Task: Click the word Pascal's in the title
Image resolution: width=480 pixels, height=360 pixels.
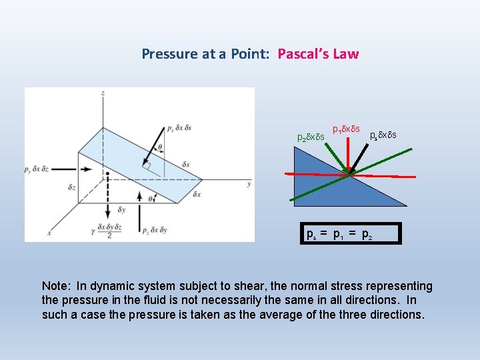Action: [x=304, y=54]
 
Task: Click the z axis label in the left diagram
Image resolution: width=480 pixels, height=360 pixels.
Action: [x=103, y=93]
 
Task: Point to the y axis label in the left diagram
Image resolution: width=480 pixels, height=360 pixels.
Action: [x=249, y=183]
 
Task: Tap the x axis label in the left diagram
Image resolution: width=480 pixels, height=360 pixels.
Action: [x=48, y=233]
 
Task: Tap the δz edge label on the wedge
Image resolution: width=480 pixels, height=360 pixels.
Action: [x=72, y=188]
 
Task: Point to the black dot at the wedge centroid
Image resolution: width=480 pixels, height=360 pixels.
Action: [x=106, y=175]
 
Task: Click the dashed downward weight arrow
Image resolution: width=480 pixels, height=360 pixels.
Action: [x=106, y=200]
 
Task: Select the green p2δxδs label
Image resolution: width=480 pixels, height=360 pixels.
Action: [x=310, y=137]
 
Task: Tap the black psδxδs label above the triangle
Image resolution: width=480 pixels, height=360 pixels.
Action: [x=383, y=135]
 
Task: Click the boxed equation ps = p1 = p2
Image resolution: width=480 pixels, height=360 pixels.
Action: [x=351, y=234]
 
